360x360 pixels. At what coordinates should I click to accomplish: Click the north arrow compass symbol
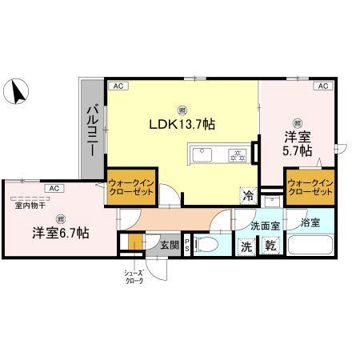(x=15, y=92)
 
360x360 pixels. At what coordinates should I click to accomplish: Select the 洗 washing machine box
(x=247, y=247)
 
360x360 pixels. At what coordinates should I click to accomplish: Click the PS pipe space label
(x=188, y=246)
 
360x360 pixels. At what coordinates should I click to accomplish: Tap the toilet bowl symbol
(x=210, y=245)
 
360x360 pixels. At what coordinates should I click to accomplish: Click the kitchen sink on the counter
(x=201, y=154)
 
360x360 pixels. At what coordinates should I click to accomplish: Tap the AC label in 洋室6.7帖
(x=54, y=188)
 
